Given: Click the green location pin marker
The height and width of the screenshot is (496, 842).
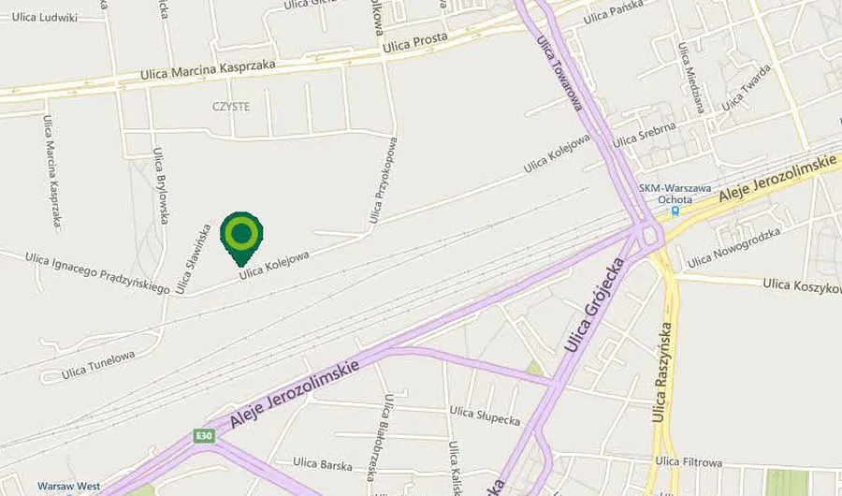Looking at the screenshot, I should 241,234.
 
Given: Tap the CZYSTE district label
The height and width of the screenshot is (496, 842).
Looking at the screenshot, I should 230,107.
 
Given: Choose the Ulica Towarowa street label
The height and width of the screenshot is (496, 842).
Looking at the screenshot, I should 559,74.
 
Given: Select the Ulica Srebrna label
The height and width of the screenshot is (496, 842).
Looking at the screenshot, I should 645,135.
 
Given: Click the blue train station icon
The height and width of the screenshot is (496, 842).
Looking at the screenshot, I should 675,212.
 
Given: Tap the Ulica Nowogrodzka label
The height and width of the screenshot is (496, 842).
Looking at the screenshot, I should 733,250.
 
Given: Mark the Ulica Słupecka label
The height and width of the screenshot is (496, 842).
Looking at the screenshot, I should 485,413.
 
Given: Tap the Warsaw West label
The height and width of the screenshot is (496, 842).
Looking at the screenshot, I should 68,487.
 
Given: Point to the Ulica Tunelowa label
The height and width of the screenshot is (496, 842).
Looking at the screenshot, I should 98,365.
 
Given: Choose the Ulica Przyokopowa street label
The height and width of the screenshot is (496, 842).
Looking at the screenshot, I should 384,181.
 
